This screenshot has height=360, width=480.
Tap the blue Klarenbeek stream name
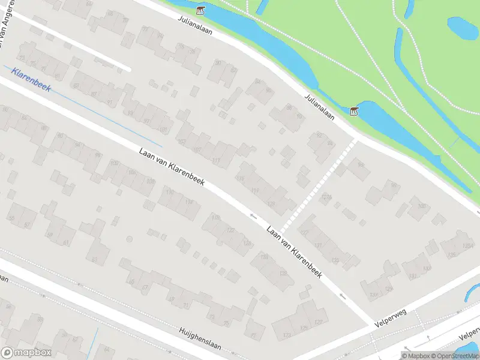pos(31,80)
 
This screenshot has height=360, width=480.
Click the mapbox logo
pos(25,353)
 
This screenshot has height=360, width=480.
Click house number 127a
pos(326,197)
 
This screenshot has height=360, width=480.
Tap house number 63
pos(94,259)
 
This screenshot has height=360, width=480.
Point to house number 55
pos(13,218)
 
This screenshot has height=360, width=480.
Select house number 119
pos(256,191)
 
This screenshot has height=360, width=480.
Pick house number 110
pos(170,192)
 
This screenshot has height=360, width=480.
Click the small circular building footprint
pos(129,239)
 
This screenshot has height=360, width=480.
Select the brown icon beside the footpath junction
pos(354,111)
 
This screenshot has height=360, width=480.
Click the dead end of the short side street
pos(128,68)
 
